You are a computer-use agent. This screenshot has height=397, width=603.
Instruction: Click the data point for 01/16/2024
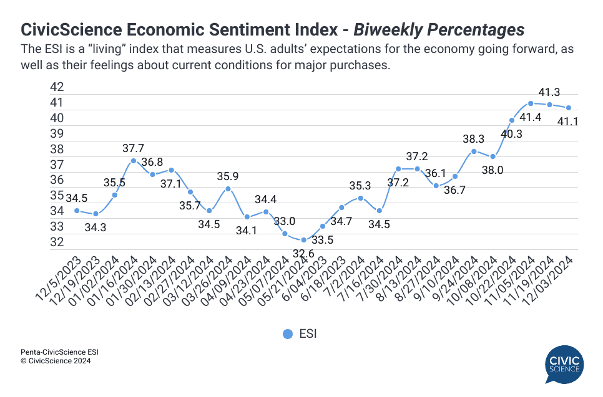click(x=134, y=161)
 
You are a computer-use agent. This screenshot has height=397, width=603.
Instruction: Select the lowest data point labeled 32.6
click(x=303, y=240)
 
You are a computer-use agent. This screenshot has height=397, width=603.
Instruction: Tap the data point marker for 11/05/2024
click(x=531, y=103)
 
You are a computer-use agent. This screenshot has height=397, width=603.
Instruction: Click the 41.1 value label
click(x=567, y=122)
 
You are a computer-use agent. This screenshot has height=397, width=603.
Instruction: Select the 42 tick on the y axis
click(x=57, y=87)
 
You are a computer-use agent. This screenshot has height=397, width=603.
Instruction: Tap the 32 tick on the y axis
click(x=57, y=242)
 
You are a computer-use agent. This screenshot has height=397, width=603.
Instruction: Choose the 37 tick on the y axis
click(x=57, y=165)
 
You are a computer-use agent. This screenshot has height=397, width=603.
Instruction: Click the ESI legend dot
click(x=287, y=334)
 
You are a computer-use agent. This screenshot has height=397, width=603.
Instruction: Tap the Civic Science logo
click(x=562, y=365)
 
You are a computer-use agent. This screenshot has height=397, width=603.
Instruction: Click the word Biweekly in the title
click(x=399, y=29)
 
